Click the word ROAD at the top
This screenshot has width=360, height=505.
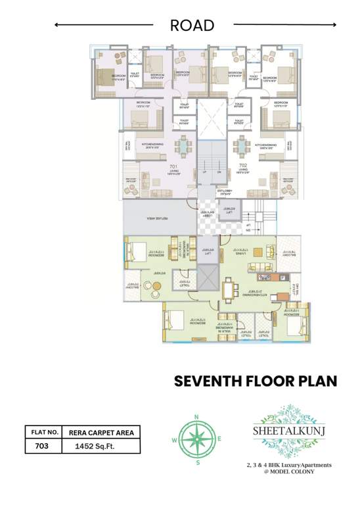(192, 26)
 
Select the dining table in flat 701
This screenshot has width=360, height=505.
(181, 145)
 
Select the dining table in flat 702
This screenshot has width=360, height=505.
(242, 145)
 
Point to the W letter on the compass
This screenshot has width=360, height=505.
(173, 439)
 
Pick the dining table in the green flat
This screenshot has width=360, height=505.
(227, 289)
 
